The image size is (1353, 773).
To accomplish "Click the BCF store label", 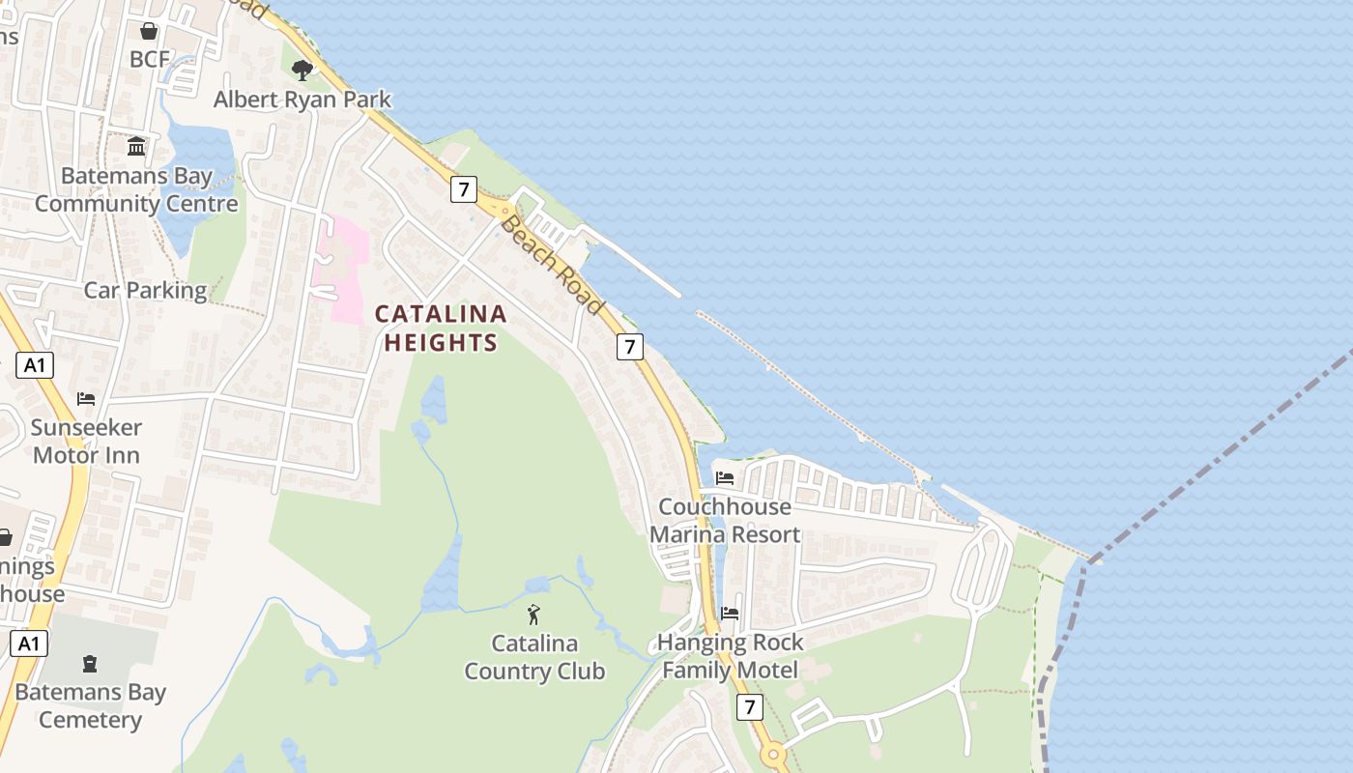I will (150, 59).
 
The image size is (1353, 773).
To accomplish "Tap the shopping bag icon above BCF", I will (149, 32).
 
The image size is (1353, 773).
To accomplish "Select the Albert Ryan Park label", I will (302, 99).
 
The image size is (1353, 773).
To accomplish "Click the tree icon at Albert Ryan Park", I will (302, 69).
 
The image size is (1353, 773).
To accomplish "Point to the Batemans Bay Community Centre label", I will (136, 190).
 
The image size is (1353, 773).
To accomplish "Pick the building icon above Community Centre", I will (136, 147).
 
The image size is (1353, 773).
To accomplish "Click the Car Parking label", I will (145, 290).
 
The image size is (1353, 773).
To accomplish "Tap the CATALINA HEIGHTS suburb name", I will (441, 328).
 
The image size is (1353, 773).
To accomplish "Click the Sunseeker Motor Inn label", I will (86, 441).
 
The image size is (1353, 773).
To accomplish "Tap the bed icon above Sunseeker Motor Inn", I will (86, 398).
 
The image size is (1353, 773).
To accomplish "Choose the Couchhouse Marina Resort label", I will (725, 520).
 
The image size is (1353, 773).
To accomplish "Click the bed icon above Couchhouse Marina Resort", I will (725, 477).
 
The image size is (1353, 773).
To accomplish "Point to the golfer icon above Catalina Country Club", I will (533, 614).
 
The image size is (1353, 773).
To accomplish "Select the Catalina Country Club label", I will (534, 657).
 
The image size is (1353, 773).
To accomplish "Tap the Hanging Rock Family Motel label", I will (730, 656).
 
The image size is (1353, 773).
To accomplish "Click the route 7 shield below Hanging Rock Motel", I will (749, 707).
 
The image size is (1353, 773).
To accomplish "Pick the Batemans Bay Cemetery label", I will (90, 705).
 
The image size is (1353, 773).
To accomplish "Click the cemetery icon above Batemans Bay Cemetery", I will (90, 663).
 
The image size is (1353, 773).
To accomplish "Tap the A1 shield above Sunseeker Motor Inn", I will (34, 365).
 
